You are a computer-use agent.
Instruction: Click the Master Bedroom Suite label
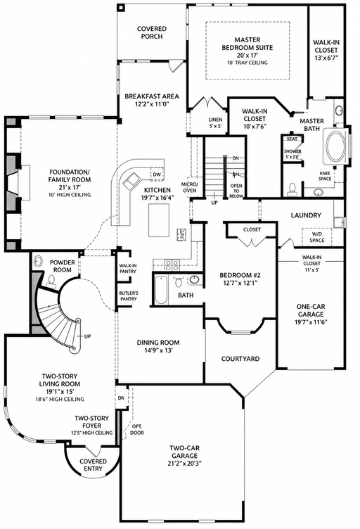click(247, 44)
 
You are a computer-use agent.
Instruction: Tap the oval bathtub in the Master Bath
click(335, 146)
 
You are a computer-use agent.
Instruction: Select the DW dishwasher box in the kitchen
click(157, 174)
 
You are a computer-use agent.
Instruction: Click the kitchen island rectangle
click(160, 220)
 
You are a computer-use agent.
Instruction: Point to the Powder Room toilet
click(52, 281)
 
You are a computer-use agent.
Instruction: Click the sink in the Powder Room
click(39, 261)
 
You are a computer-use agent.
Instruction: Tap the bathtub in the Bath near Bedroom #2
click(162, 289)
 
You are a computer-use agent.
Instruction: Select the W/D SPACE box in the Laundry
click(317, 237)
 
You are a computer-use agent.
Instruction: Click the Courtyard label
click(240, 359)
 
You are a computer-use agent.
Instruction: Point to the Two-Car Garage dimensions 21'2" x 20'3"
click(184, 463)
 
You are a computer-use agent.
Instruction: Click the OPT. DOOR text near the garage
click(137, 429)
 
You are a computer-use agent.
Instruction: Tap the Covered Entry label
click(93, 464)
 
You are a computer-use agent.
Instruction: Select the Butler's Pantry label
click(129, 296)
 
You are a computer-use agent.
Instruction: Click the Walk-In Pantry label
click(128, 269)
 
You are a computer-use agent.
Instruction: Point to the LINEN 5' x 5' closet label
click(215, 122)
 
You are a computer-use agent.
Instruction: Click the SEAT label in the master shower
click(292, 139)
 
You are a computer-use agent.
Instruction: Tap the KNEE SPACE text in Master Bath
click(325, 176)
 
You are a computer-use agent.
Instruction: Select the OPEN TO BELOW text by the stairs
click(236, 191)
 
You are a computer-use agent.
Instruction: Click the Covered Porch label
click(152, 32)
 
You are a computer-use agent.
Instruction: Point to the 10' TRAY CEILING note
click(247, 63)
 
